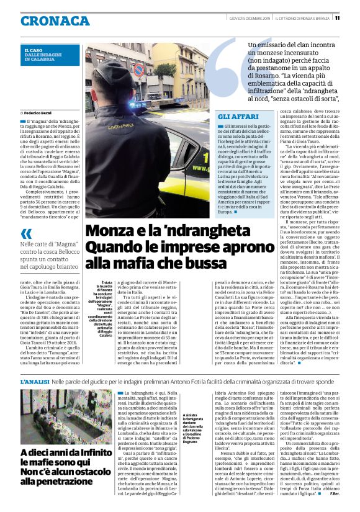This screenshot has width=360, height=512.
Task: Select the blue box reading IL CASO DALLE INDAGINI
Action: tap(50, 55)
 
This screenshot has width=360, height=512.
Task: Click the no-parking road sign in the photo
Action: tap(139, 70)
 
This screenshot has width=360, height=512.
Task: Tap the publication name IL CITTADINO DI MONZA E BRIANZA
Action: tap(300, 17)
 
